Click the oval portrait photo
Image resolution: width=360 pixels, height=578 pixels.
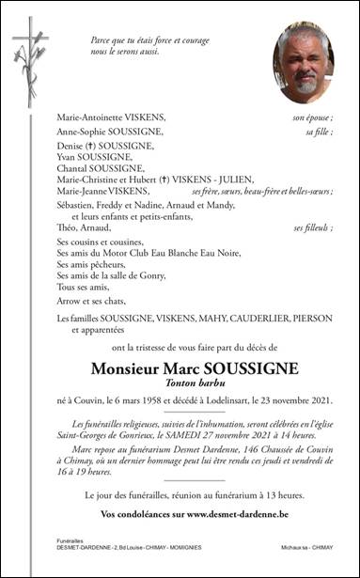click(x=303, y=63)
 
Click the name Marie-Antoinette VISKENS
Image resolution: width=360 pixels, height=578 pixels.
click(x=110, y=117)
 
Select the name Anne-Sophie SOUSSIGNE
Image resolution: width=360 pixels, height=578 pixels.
click(x=105, y=133)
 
